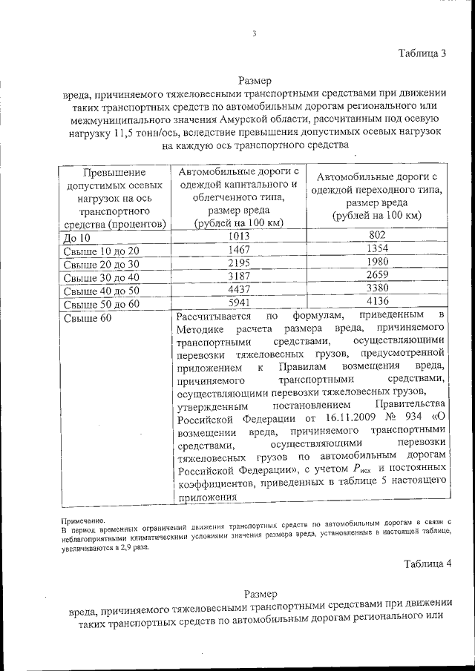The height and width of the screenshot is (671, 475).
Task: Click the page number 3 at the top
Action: (x=254, y=33)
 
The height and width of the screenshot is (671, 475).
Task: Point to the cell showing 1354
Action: (x=377, y=249)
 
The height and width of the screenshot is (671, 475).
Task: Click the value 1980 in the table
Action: (x=377, y=262)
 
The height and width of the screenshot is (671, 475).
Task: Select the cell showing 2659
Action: (x=377, y=276)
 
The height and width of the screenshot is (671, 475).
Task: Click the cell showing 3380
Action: (x=377, y=289)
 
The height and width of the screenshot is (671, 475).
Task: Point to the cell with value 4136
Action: (x=377, y=302)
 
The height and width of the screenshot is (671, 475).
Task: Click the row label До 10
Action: (x=76, y=238)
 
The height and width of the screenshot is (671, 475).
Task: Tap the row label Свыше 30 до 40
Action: (x=101, y=278)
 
